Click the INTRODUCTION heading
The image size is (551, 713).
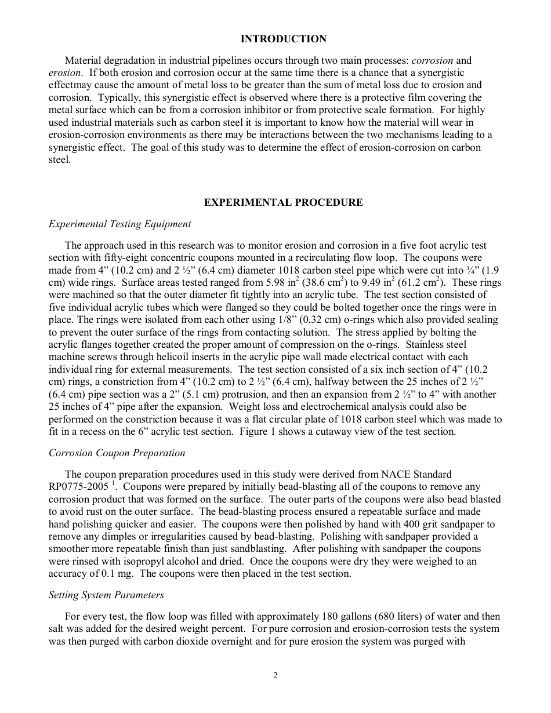(283, 39)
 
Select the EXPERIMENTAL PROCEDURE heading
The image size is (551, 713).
(283, 202)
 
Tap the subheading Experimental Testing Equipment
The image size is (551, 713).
(119, 224)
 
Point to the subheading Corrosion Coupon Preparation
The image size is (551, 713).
(117, 453)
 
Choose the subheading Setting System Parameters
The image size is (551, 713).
(106, 595)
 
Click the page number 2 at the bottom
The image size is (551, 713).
(275, 675)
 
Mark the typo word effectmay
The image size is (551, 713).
(70, 85)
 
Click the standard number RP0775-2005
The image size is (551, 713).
(79, 487)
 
